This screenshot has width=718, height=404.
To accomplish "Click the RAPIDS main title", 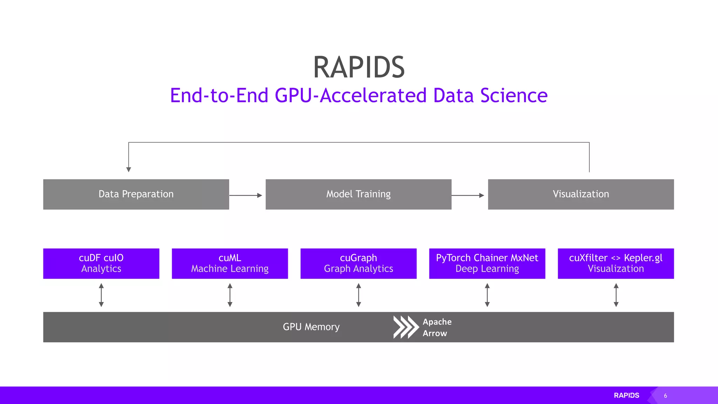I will point(359,67).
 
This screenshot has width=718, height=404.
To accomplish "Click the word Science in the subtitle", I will point(514,96).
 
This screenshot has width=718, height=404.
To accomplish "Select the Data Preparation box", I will point(136,194).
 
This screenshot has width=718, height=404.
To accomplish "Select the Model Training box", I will point(358,194).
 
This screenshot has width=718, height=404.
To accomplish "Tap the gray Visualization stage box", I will point(581,194).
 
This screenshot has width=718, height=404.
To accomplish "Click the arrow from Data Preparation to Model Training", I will point(246,195).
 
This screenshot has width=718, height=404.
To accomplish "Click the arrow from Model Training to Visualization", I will point(468,195).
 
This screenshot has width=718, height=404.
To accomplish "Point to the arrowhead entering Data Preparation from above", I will point(129,169).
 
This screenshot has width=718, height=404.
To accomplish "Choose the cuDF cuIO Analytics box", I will point(101,263).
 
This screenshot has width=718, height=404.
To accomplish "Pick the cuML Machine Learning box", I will point(230,263).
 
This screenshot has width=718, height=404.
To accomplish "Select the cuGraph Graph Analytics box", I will point(358,263).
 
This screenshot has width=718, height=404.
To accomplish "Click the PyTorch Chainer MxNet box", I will point(487,263).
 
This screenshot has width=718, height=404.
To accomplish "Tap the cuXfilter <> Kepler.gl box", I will point(616,263).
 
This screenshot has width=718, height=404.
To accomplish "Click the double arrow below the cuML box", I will point(230,295).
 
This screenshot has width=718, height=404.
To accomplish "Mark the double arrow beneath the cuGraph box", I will point(359,295).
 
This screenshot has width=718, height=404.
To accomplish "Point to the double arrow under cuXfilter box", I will point(616,295).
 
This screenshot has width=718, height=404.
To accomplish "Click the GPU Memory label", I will point(311,327).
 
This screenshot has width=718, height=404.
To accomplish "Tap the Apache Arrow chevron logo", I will point(406,327).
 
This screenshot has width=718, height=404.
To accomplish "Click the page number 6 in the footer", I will point(665,396).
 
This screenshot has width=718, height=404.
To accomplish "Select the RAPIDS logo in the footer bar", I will point(626,395).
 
